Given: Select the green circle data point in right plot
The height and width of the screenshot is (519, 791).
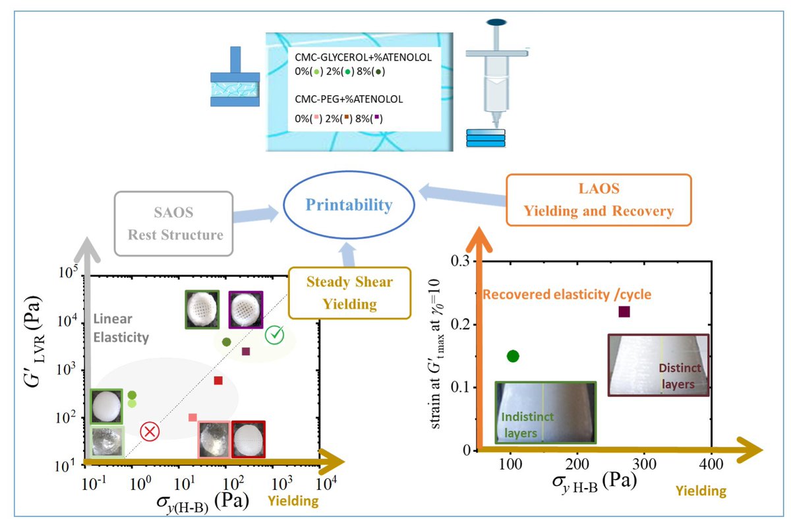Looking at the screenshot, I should (513, 356).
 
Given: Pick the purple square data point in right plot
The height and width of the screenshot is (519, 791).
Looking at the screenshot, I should (624, 311).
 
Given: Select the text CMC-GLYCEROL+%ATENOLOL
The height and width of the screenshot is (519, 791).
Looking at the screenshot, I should (363, 57).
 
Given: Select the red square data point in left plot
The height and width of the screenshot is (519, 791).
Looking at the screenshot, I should (218, 380).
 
